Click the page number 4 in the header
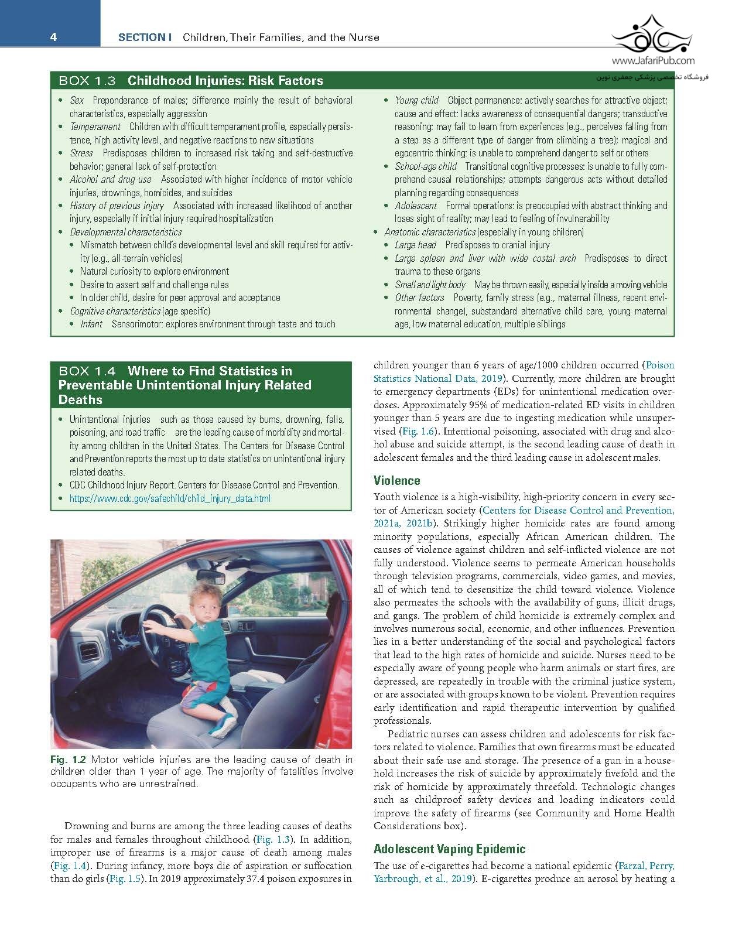point(53,37)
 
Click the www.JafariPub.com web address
point(654,60)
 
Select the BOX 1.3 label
point(87,81)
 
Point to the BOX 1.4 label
point(87,371)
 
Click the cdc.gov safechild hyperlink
point(170,499)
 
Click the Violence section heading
point(396,481)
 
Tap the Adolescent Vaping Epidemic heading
point(449,849)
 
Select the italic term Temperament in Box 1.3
point(95,127)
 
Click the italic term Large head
point(415,245)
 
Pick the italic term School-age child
point(425,166)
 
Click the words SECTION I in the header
point(144,37)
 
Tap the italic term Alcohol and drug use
point(111,180)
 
